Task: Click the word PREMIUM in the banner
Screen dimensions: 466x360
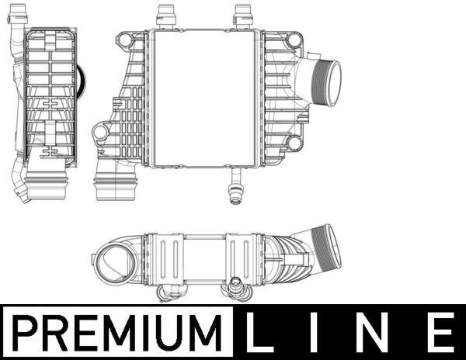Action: [x=118, y=333]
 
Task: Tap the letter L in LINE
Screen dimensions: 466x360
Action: [x=261, y=332]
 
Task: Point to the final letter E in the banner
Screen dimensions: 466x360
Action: [x=440, y=332]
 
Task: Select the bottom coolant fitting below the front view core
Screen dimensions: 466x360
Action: [x=237, y=187]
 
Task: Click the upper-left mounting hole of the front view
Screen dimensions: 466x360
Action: [x=123, y=40]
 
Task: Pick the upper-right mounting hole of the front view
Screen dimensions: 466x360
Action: [x=294, y=40]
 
